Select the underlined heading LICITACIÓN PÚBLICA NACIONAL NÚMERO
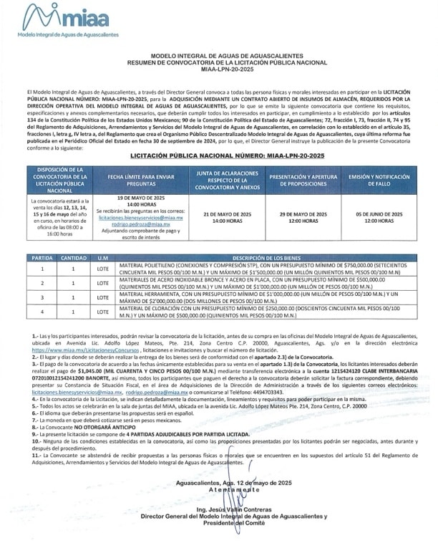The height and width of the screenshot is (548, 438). (x=219, y=155)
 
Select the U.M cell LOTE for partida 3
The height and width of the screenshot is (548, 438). (x=104, y=297)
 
